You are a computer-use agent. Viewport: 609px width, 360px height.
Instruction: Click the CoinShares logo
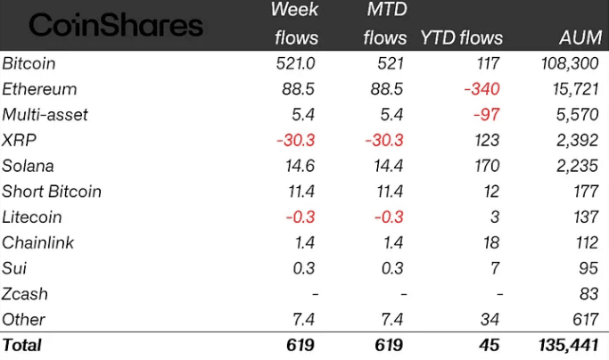116,24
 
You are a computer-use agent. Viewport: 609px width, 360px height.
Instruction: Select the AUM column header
579,38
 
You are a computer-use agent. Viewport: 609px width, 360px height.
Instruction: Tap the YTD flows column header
461,38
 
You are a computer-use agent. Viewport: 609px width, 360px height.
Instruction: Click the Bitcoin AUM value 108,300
570,63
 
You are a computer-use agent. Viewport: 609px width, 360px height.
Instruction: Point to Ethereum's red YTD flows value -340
481,89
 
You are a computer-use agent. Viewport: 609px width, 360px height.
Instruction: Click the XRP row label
19,140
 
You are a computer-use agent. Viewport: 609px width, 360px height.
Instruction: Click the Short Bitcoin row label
52,192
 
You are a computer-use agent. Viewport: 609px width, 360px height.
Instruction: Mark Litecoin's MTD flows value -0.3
390,217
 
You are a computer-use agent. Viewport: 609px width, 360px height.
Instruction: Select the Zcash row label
25,294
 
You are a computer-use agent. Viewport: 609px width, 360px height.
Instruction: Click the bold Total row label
22,344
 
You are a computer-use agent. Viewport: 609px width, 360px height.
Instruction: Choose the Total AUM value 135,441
566,344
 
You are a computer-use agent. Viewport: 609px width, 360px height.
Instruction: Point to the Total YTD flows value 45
489,344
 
